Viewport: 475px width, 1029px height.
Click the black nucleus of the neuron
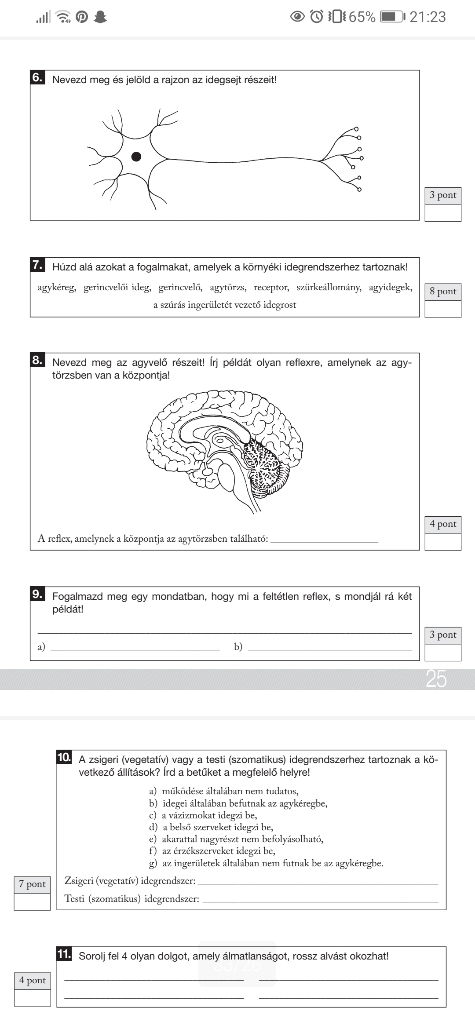click(136, 157)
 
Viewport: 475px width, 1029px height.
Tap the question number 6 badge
click(37, 78)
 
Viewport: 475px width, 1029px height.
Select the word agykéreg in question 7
click(57, 288)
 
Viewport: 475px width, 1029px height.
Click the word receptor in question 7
click(271, 288)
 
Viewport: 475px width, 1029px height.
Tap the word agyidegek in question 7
click(390, 288)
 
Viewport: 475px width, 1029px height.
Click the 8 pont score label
click(443, 292)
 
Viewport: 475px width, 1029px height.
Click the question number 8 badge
click(37, 360)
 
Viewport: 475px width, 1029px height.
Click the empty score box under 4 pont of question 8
click(443, 541)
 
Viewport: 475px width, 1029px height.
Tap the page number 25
click(436, 679)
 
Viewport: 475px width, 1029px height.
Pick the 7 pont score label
click(33, 884)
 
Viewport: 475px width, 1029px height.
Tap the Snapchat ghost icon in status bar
click(101, 17)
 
